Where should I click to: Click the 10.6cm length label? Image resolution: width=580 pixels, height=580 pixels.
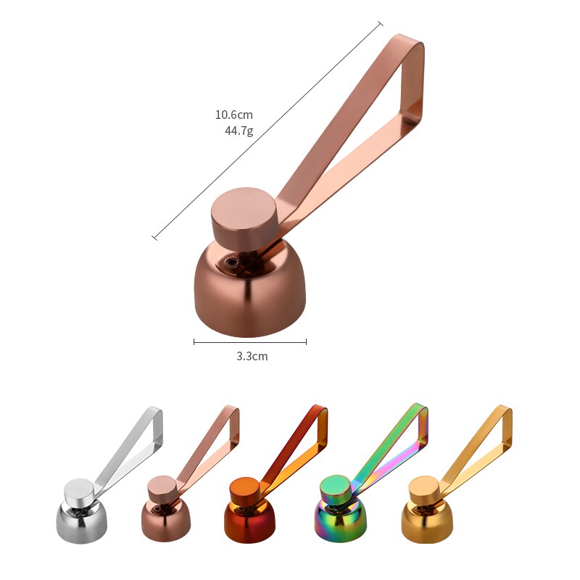tap(233, 115)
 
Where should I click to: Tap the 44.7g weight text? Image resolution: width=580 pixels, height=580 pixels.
tap(239, 131)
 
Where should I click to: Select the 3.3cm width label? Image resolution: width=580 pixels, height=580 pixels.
tap(250, 356)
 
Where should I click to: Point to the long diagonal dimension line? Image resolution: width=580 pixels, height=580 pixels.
tap(268, 130)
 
